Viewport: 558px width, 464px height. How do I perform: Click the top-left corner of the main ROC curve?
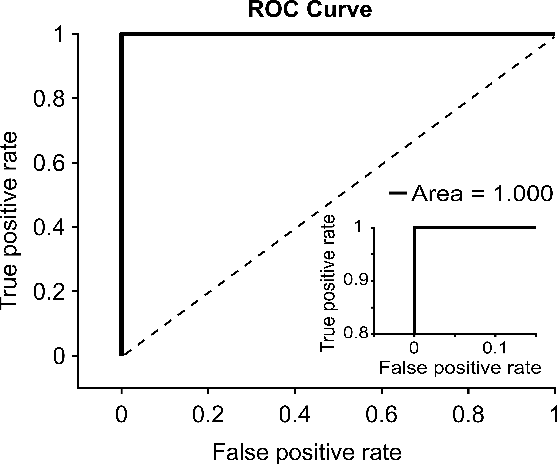pyautogui.click(x=121, y=34)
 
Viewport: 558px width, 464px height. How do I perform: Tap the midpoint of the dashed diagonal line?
pyautogui.click(x=337, y=195)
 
